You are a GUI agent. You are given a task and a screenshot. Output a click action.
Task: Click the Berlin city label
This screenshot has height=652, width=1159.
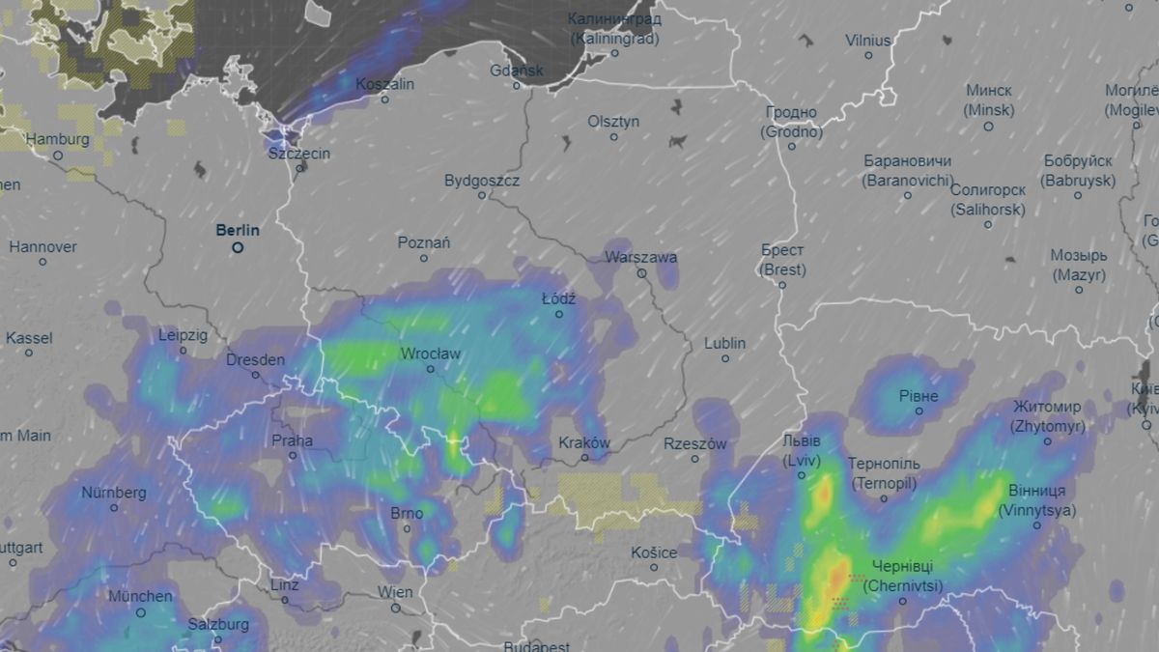238,230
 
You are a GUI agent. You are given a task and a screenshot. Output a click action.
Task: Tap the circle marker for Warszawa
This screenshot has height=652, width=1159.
641,273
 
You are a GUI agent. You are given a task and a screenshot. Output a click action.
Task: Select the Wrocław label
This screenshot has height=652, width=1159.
431,354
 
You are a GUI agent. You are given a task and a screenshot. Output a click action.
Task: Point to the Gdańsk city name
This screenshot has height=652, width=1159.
517,71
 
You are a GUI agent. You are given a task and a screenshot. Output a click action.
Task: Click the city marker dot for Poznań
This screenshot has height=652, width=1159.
424,259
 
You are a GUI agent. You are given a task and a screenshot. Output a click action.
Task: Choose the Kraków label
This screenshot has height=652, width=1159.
584,443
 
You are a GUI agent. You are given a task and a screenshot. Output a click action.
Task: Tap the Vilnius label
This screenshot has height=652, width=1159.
867,41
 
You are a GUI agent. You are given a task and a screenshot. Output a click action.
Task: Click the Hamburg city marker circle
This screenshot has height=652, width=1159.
58,155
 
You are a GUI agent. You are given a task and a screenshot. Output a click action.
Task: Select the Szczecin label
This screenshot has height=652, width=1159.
299,154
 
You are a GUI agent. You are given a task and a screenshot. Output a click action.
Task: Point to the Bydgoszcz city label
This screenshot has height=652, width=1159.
482,181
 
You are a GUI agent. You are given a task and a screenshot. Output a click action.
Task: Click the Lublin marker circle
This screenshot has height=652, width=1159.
725,358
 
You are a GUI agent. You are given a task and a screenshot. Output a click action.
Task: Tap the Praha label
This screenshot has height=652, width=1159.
292,440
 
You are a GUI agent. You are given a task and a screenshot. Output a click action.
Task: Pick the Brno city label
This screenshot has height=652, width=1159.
407,514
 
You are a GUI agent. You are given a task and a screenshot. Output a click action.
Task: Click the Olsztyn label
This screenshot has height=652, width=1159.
613,122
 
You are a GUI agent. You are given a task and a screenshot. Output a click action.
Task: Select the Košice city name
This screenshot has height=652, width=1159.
654,553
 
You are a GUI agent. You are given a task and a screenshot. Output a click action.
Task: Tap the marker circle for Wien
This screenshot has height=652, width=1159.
396,608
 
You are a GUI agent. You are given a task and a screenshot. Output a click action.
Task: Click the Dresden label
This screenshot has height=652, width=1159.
255,360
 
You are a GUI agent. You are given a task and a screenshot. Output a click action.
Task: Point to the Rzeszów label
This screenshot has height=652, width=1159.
694,444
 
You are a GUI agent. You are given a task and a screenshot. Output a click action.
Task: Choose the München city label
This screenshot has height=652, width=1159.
140,597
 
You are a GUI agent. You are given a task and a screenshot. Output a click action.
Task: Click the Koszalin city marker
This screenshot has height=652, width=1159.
384,99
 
